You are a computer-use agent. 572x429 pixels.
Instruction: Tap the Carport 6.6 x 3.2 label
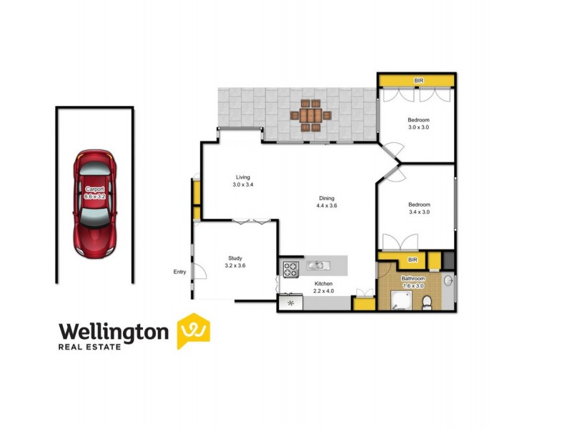click(94, 192)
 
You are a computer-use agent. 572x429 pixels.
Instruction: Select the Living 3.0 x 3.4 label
click(243, 181)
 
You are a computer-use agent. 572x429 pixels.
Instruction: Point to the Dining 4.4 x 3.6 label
click(326, 202)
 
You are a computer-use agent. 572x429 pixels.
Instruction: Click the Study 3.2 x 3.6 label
click(235, 261)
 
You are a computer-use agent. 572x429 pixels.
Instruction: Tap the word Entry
click(179, 272)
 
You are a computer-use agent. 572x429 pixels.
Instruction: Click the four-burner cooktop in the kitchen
click(291, 270)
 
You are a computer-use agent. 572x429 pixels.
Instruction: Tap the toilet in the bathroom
click(426, 303)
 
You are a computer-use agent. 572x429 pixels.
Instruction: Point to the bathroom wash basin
click(448, 281)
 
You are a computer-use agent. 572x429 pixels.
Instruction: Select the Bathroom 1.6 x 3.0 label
click(414, 282)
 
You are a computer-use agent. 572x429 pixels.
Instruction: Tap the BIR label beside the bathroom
click(412, 260)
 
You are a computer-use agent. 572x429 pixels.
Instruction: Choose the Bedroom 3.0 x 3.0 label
click(418, 124)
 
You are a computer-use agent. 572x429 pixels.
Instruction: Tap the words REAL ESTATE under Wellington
click(90, 347)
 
